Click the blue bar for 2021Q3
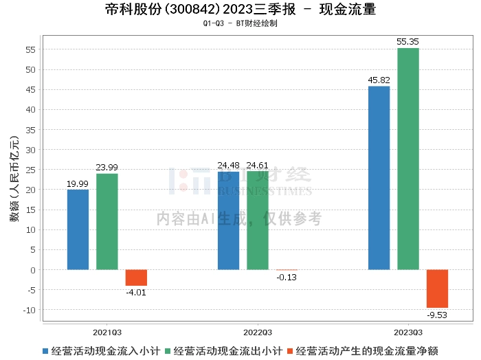coord(78,229)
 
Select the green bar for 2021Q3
coord(107,221)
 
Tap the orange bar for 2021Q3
coord(136,278)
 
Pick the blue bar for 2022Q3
coord(228,221)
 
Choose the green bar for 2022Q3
coord(258,220)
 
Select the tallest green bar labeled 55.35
coord(408,159)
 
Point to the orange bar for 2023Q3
coord(437,289)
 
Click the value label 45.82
coord(379,80)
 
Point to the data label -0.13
coord(287,277)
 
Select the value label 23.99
coord(107,167)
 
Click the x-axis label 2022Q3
coord(258,330)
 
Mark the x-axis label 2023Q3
coord(408,330)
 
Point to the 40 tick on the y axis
coord(30,110)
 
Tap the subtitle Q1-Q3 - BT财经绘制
coord(240,23)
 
